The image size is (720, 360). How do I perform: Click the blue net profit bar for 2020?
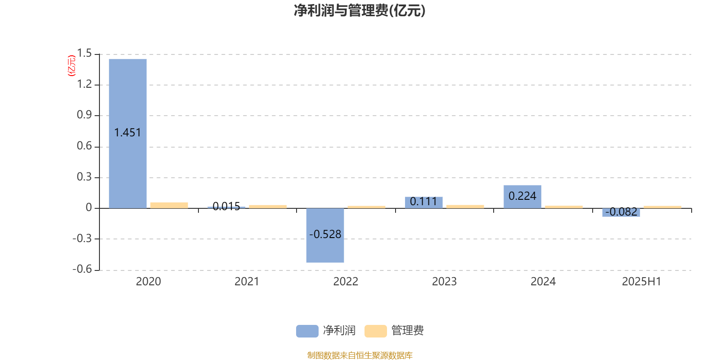pos(128,133)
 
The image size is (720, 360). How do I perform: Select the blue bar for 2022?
pos(325,235)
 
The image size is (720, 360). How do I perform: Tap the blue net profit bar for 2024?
pos(522,197)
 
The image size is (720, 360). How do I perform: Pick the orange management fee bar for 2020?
pos(169,205)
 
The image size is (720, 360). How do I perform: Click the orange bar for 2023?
pos(465,207)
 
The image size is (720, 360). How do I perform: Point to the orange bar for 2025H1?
pos(662,207)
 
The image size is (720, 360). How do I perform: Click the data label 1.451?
pos(128,132)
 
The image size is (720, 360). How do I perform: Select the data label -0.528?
pos(325,234)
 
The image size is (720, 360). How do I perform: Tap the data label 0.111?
pos(423,202)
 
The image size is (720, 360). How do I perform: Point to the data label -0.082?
pos(621,212)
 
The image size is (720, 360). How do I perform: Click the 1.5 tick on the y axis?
pos(84,53)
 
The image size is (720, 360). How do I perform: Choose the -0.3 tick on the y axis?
pos(82,238)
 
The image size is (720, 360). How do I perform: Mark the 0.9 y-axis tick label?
pos(84,115)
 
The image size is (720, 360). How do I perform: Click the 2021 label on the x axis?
pos(247,282)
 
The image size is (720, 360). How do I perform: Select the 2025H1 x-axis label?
pos(641,282)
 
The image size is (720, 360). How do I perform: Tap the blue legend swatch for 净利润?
pos(307,331)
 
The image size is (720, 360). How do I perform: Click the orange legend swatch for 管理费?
pos(375,331)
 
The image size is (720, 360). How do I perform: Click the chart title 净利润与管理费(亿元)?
pos(360,11)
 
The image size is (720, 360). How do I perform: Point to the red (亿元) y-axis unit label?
pos(72,66)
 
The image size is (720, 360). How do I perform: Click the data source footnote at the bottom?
pos(360,355)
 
